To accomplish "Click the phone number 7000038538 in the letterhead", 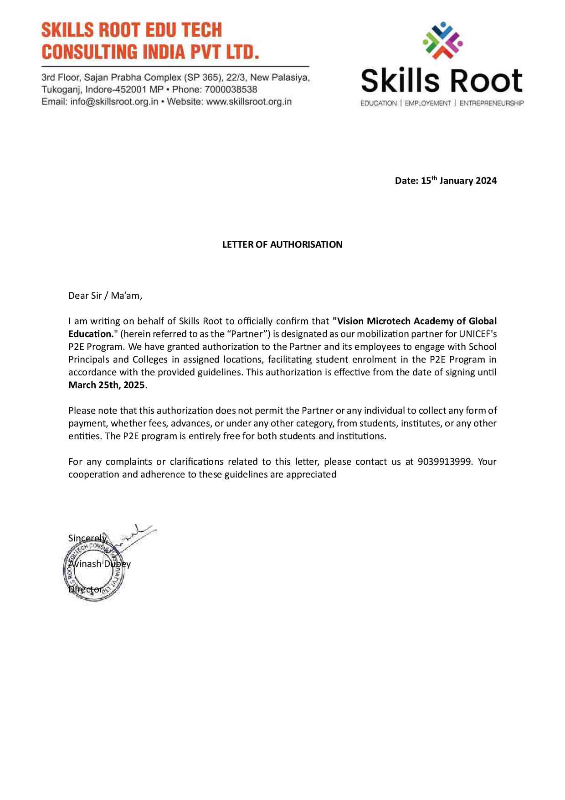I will click(x=231, y=90).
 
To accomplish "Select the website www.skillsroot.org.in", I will click(x=249, y=102).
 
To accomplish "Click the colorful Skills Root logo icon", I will click(x=442, y=41).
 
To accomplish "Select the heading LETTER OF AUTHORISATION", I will click(x=282, y=244).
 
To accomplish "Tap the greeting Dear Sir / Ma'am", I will click(x=105, y=296).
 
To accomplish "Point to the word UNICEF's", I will click(x=478, y=334).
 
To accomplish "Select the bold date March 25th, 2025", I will click(x=106, y=385).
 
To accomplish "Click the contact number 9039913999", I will click(x=444, y=462).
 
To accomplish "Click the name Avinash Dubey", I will click(x=99, y=564).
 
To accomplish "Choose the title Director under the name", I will click(x=85, y=589).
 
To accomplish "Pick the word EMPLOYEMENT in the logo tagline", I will click(x=427, y=104).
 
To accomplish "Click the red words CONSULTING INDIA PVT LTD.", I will click(x=150, y=52).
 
